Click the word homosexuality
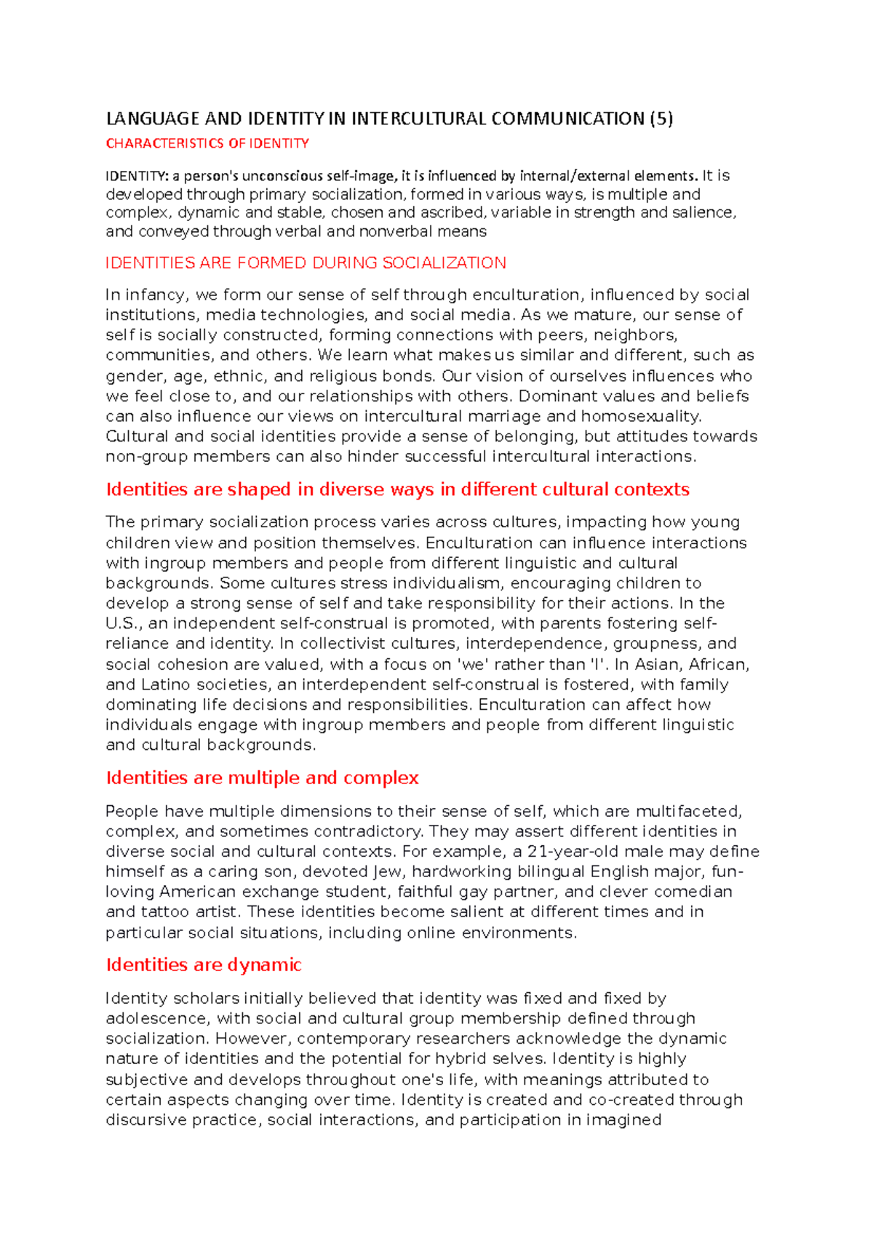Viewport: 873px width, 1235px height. tap(641, 417)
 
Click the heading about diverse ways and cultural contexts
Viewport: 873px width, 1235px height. tap(397, 489)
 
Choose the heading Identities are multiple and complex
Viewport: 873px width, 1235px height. tap(262, 778)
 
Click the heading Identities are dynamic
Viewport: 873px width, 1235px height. tap(204, 965)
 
